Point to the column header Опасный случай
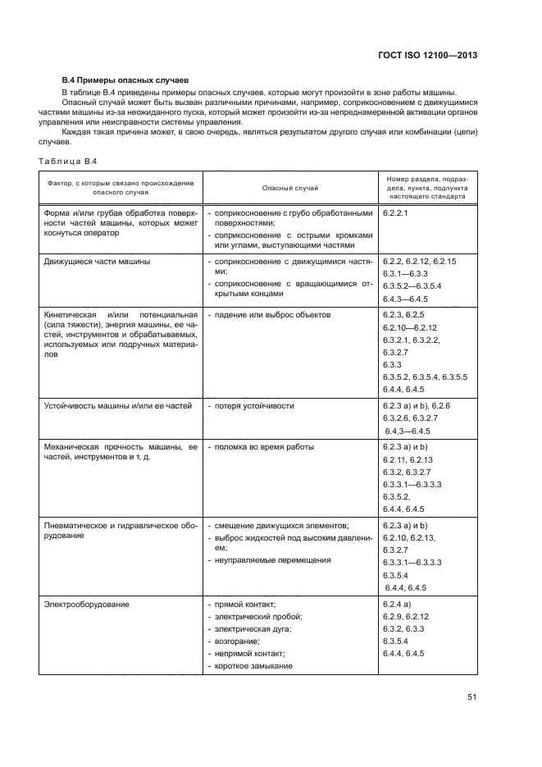click(289, 188)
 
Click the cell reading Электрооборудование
click(87, 605)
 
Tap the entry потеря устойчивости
click(254, 406)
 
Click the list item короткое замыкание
click(253, 666)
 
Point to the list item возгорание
click(237, 641)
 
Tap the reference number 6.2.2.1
click(395, 213)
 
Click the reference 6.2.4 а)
click(396, 605)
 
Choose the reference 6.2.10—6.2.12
click(409, 327)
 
